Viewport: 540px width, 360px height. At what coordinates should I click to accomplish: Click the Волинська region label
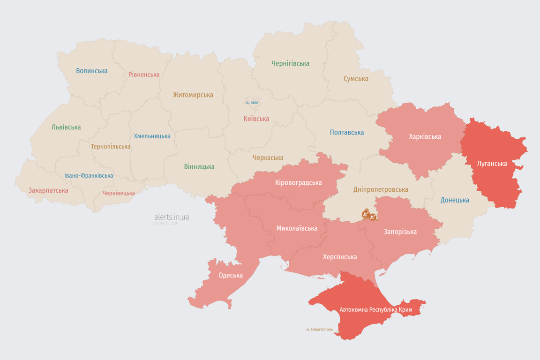[x=92, y=71]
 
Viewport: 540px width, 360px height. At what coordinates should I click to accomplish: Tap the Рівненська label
[x=144, y=75]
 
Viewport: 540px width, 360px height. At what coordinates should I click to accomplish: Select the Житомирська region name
[x=193, y=95]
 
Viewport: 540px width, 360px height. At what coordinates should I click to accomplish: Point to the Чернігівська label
[x=290, y=63]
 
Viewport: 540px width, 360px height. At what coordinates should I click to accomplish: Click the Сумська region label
[x=356, y=79]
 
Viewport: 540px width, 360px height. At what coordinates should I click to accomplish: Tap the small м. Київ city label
[x=252, y=102]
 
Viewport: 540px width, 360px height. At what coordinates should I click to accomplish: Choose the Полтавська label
[x=347, y=132]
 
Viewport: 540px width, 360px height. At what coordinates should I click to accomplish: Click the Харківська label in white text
[x=425, y=136]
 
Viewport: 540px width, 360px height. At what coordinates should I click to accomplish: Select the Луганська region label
[x=492, y=164]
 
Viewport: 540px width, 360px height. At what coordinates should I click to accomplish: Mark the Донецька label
[x=455, y=200]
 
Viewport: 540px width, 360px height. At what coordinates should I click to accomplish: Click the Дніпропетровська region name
[x=380, y=189]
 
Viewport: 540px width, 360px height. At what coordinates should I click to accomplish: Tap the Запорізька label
[x=400, y=232]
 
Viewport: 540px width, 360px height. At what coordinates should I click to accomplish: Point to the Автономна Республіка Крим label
[x=376, y=310]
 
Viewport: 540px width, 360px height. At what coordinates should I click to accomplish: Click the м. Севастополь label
[x=319, y=330]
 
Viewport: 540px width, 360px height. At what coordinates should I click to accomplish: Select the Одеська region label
[x=231, y=275]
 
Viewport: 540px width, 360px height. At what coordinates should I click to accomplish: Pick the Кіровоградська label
[x=298, y=182]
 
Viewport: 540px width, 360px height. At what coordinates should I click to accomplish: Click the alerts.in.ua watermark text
[x=172, y=217]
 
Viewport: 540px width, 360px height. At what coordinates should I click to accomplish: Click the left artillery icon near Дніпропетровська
[x=366, y=215]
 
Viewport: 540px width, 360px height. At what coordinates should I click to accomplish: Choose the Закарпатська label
[x=48, y=190]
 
